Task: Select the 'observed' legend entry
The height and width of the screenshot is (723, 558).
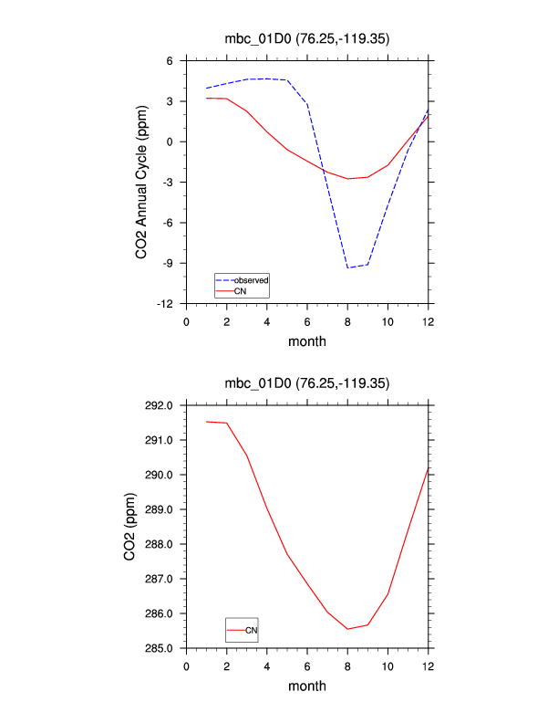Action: click(x=250, y=279)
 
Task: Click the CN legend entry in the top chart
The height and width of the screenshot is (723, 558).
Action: click(x=240, y=290)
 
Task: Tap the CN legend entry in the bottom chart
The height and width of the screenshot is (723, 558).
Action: click(x=252, y=630)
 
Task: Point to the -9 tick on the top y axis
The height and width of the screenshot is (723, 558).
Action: click(x=171, y=263)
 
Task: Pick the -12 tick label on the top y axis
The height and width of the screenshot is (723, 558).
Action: click(x=169, y=303)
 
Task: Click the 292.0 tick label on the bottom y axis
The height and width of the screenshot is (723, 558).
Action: click(x=164, y=405)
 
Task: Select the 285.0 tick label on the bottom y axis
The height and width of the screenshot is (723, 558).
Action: click(x=164, y=648)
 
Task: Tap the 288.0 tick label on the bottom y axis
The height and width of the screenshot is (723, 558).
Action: click(x=164, y=544)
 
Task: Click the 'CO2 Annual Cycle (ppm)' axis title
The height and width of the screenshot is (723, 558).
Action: click(x=141, y=183)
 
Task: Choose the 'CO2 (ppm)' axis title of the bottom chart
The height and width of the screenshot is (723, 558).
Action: click(x=130, y=527)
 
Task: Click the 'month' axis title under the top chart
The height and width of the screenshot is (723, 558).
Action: click(x=307, y=341)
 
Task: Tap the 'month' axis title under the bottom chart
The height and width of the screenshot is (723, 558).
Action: click(x=307, y=686)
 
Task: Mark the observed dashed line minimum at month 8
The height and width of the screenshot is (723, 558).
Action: click(x=347, y=267)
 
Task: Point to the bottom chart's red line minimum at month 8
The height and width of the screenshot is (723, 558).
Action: click(x=347, y=629)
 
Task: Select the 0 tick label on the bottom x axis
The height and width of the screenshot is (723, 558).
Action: click(x=187, y=665)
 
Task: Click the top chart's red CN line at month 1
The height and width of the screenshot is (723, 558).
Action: click(x=207, y=98)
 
